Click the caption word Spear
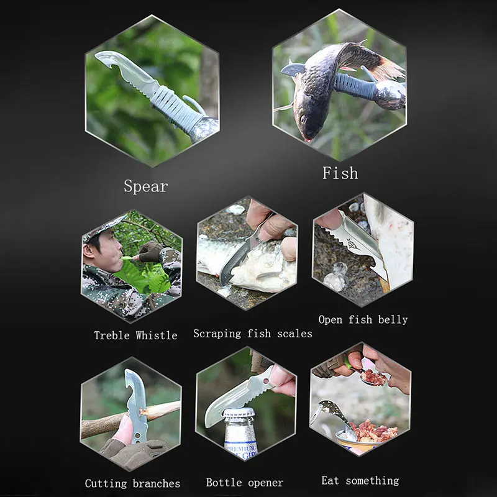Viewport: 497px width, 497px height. point(145,186)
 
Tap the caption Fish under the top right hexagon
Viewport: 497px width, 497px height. point(340,173)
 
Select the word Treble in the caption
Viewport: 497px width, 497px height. point(112,335)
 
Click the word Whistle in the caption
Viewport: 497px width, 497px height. point(156,335)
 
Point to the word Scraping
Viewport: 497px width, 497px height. point(217,334)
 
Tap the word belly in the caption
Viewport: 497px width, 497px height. point(393,319)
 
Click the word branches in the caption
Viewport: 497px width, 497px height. point(156,483)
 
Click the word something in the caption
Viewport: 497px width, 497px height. point(373,480)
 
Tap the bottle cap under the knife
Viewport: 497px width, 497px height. point(239,413)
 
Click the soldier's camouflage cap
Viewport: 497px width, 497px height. point(99,227)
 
